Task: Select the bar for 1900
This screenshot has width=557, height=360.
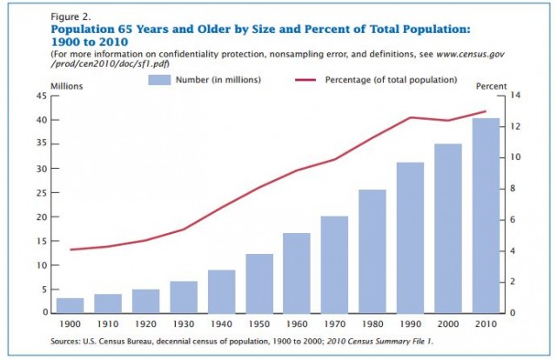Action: (70, 305)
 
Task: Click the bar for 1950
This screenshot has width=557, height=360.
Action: (259, 283)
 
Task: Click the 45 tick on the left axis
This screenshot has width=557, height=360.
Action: (41, 96)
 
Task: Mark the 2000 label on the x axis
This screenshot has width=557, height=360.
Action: (447, 323)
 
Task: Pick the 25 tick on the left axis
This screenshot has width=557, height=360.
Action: (41, 192)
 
